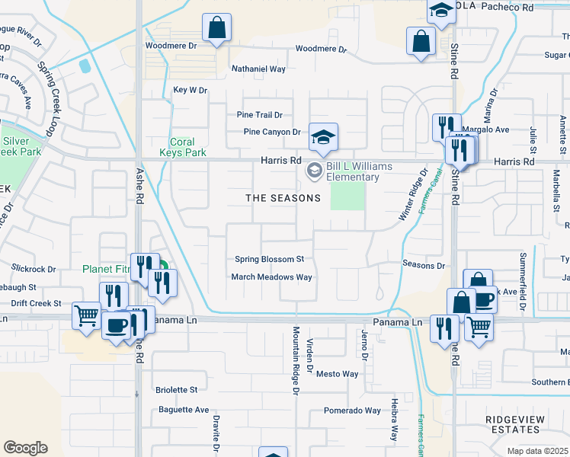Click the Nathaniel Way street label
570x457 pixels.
point(258,69)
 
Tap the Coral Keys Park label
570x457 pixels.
point(183,147)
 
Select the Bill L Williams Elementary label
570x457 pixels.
point(352,172)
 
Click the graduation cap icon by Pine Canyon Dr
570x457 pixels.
point(323,137)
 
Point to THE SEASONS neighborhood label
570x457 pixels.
point(283,198)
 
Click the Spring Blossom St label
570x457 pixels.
point(269,260)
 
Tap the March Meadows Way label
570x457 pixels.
point(272,277)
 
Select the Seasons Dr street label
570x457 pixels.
point(423,265)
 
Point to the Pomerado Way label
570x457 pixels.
point(352,411)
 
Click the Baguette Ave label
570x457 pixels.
point(184,410)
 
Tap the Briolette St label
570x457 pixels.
point(176,390)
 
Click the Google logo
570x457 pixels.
point(25,448)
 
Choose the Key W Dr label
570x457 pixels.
point(191,90)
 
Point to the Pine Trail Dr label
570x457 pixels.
point(259,115)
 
